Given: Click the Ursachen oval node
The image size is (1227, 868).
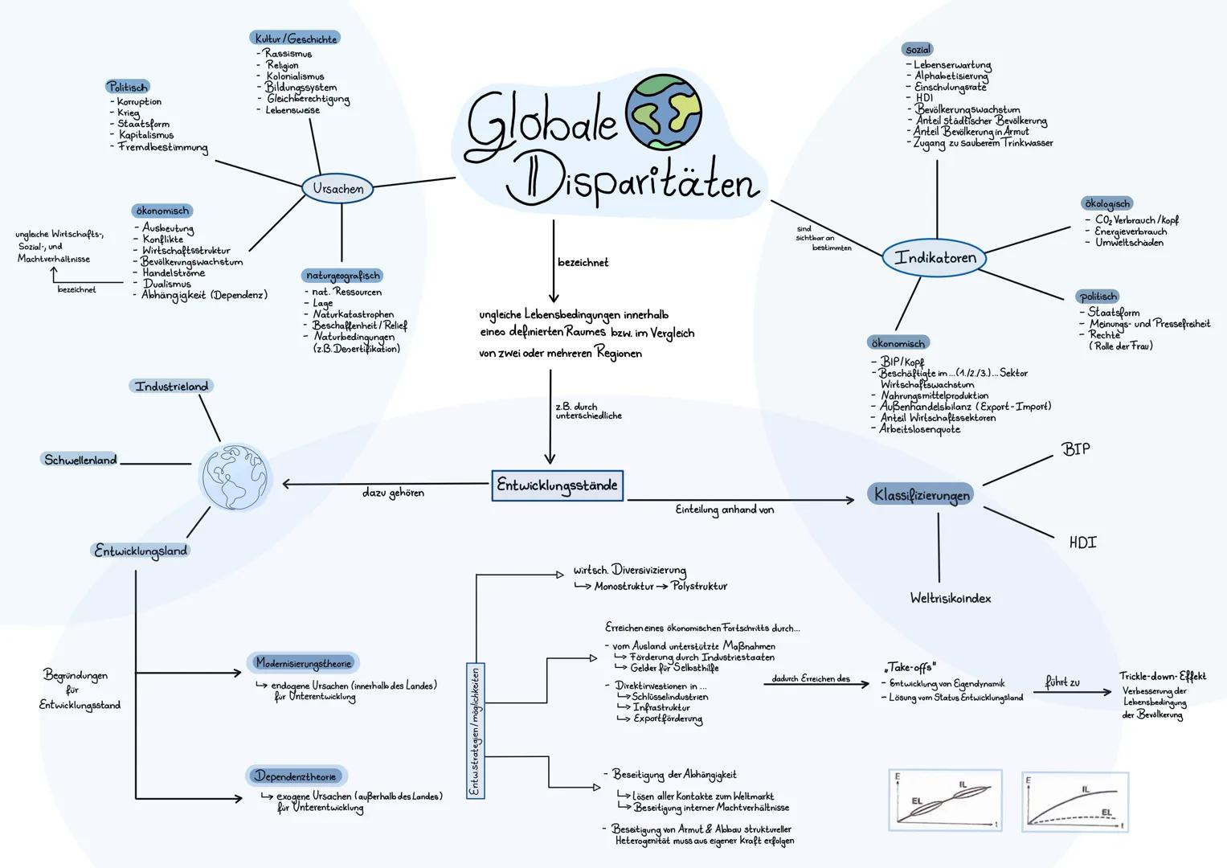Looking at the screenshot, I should [337, 189].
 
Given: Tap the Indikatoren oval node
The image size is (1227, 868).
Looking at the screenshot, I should [935, 258].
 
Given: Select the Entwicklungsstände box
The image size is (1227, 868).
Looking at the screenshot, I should [557, 485].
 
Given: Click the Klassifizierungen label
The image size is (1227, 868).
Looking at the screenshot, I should [922, 495].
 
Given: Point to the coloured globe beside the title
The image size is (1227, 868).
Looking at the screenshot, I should [663, 113].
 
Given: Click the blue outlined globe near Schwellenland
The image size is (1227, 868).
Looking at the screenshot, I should [235, 477].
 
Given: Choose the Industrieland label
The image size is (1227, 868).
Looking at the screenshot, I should [171, 387].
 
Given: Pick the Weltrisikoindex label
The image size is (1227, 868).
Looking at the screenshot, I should [950, 599].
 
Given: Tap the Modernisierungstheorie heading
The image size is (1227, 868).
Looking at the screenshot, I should [303, 663].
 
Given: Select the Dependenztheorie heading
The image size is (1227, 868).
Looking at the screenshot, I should [296, 776].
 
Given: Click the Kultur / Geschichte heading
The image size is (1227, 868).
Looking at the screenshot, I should [296, 39].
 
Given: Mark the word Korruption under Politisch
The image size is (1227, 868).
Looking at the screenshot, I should [139, 102].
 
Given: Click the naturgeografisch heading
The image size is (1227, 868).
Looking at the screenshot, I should [343, 276].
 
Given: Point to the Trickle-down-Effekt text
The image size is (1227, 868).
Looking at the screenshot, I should [1162, 677].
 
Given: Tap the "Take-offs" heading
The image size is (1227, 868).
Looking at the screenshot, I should [908, 668].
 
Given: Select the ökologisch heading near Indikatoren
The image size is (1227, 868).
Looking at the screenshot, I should [1107, 204].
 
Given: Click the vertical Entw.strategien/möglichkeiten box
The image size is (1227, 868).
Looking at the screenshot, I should [475, 731].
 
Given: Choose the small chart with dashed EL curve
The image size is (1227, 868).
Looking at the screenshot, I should [1076, 801].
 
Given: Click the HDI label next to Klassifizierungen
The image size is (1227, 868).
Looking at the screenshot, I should [1082, 543].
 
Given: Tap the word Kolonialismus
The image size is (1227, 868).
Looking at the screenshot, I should [295, 76].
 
